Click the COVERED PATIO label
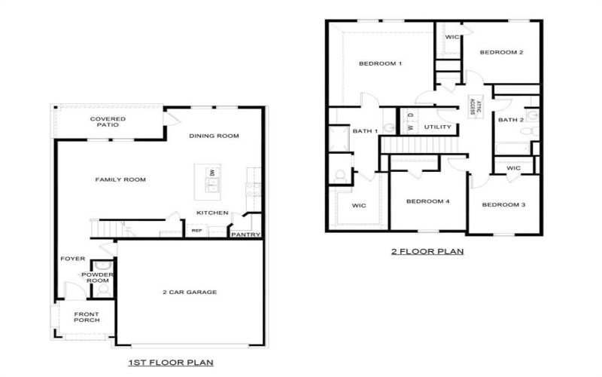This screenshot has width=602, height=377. pos(108,122)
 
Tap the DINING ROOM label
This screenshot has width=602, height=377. pos(214,136)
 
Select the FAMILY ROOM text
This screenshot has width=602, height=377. pos(120,179)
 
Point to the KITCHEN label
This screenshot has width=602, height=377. pos(212,213)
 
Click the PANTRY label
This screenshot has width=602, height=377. pos(245,234)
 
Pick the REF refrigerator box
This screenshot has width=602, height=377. pos(196,231)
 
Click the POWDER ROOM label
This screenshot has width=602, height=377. pos(102,277)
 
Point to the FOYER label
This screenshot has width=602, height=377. pos(73,259)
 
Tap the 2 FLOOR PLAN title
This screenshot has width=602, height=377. pos(427,251)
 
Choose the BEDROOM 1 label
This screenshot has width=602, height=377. pos(380,63)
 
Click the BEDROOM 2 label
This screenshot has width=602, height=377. pos(501,52)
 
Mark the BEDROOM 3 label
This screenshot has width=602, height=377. pos(503,204)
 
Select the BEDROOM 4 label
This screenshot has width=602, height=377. pos(427,201)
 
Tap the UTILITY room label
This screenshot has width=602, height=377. pos(437,127)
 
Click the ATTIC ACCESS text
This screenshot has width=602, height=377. pos(472,105)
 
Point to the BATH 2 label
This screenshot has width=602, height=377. pos(511,120)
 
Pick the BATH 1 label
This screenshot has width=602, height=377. pos(365,132)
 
